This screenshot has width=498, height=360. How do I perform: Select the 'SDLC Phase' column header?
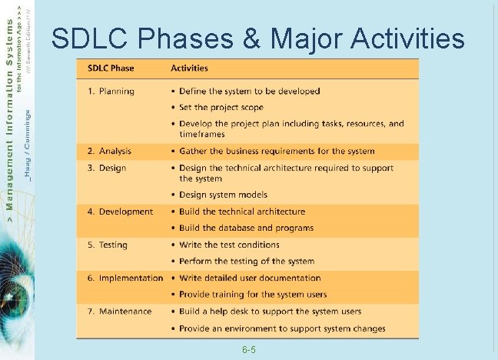point(112,68)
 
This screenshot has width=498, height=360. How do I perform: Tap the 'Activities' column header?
point(189,68)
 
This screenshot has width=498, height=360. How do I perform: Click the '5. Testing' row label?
point(108,245)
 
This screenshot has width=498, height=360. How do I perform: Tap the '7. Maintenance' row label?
point(119,312)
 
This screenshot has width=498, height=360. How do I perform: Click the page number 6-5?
point(248,350)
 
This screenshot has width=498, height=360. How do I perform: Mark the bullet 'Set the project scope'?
point(221,108)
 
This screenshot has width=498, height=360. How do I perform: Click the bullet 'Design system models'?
point(223,195)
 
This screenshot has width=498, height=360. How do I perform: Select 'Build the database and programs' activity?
point(246,228)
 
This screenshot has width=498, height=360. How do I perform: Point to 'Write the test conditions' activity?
point(230,245)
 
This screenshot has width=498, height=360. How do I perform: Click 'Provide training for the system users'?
point(253,295)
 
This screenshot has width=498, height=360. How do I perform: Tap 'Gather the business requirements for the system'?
point(277,152)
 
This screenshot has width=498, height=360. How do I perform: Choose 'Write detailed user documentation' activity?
point(250,278)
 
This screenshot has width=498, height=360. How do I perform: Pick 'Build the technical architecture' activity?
point(242,212)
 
